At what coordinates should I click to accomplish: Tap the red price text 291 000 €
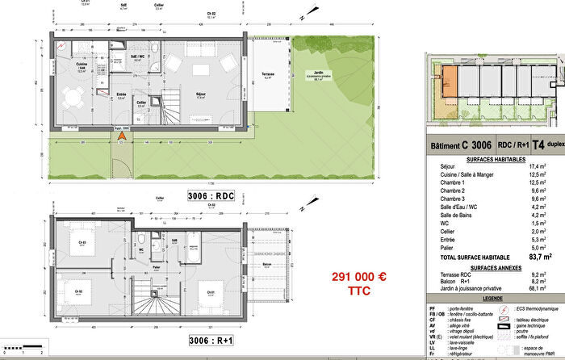pos(359,277)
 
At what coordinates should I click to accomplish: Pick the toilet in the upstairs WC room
pos(142,240)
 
